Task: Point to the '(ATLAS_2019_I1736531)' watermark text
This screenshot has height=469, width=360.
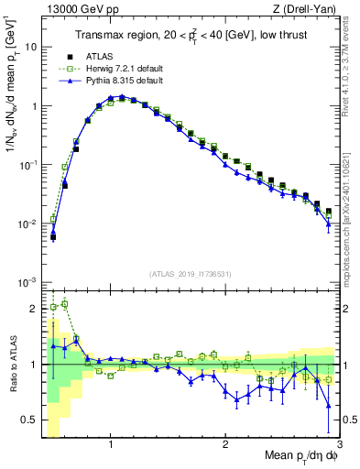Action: (190, 274)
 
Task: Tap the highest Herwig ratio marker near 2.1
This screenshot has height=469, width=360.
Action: (64, 303)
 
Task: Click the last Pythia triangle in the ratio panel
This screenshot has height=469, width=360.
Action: (329, 404)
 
